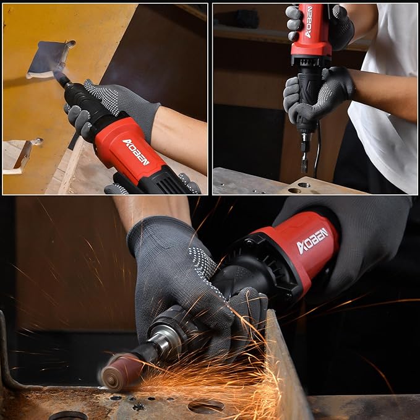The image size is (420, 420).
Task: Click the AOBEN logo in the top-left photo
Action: point(136,151)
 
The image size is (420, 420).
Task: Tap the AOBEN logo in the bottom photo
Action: point(313,241)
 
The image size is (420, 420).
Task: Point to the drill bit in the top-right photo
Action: point(304,161)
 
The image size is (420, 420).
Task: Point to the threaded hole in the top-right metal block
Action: point(303,184)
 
